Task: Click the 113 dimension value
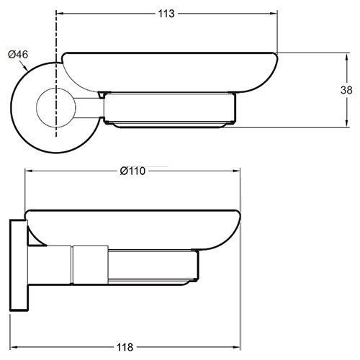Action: coord(166,14)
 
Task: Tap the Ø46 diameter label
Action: coord(18,55)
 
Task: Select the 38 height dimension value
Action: coord(346,90)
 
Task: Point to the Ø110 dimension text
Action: coord(132,171)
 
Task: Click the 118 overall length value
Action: coord(125,347)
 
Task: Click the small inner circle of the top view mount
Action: coord(37,107)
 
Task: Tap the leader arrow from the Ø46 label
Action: coord(24,65)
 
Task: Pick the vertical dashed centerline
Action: coord(56,73)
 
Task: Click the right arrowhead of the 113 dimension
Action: coord(274,14)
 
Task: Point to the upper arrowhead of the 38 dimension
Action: coord(346,58)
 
